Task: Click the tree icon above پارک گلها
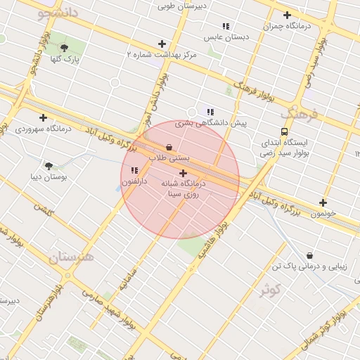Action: (65, 48)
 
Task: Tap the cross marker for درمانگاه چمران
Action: (287, 15)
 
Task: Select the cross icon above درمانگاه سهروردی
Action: (44, 117)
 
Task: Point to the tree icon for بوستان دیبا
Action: (49, 166)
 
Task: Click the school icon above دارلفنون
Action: (134, 170)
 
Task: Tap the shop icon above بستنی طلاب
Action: (169, 148)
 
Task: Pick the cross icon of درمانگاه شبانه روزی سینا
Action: (184, 173)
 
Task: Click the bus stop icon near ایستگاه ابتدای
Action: (284, 131)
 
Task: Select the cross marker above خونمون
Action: (323, 202)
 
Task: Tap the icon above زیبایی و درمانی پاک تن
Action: (310, 255)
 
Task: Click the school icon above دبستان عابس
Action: (226, 26)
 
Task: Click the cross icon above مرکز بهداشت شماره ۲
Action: (162, 44)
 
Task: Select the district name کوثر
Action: (269, 289)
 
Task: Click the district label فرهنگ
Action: (300, 112)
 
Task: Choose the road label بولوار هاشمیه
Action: (213, 243)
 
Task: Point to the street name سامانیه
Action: (127, 275)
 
